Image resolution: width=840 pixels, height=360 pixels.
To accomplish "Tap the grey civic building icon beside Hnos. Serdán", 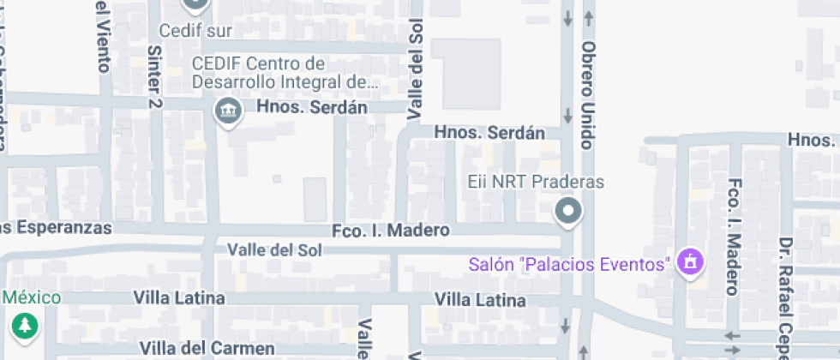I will (x=227, y=111).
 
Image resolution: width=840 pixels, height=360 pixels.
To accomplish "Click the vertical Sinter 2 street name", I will (x=154, y=76).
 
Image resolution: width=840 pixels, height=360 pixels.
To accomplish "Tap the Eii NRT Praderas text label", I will (x=537, y=182).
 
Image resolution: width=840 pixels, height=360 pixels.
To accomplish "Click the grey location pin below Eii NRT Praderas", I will (x=567, y=211).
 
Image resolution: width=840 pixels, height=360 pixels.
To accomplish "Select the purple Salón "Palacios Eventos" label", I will (x=568, y=263).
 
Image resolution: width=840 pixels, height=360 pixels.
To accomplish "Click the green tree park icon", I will (x=25, y=326).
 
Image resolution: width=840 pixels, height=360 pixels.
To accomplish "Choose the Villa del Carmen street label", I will (x=207, y=348).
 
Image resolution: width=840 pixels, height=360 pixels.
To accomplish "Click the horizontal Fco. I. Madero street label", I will (x=391, y=230).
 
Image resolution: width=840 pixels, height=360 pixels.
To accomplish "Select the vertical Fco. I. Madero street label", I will (x=733, y=237).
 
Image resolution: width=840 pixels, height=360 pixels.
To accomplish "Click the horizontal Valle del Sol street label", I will (x=274, y=249).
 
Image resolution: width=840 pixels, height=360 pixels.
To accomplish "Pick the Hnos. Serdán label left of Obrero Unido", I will (x=489, y=133).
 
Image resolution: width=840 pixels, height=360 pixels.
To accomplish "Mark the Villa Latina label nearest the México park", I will (x=179, y=297).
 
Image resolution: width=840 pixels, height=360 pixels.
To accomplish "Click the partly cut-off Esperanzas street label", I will (x=57, y=228).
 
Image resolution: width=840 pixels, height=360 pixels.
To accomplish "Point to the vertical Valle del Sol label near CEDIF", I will (x=417, y=71).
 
